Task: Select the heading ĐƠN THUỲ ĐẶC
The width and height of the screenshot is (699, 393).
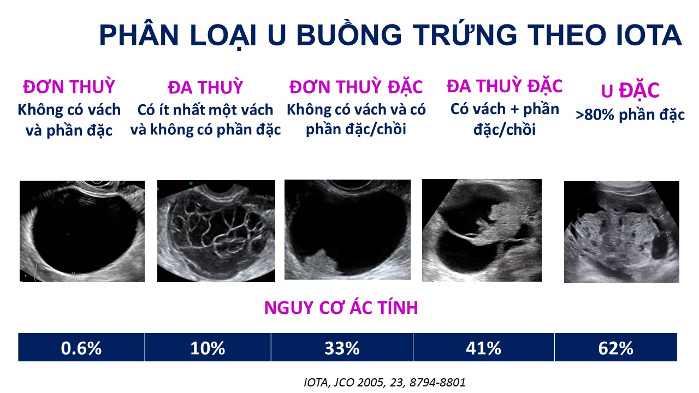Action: pyautogui.click(x=356, y=86)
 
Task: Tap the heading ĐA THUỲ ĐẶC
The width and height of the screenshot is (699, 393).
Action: pyautogui.click(x=505, y=86)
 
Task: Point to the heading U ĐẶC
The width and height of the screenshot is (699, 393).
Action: pyautogui.click(x=630, y=91)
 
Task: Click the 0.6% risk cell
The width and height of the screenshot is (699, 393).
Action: pyautogui.click(x=81, y=347)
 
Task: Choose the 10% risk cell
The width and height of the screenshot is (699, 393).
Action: pyautogui.click(x=208, y=347)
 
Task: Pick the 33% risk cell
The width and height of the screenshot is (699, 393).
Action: pyautogui.click(x=342, y=347)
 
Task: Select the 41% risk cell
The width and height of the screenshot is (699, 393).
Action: pyautogui.click(x=484, y=347)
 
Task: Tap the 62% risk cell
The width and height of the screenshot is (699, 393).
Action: pyautogui.click(x=615, y=347)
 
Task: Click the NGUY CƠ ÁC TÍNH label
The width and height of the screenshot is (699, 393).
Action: pyautogui.click(x=341, y=307)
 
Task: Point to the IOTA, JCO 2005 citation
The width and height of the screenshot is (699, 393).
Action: pyautogui.click(x=384, y=383)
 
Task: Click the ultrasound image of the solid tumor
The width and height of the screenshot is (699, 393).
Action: pyautogui.click(x=621, y=232)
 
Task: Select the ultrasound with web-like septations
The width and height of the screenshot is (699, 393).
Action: pyautogui.click(x=216, y=231)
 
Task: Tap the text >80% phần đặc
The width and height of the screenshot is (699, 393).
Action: pyautogui.click(x=630, y=115)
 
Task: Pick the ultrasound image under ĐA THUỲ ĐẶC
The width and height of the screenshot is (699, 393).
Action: pyautogui.click(x=482, y=230)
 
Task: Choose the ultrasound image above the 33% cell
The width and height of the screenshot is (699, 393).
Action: pyautogui.click(x=348, y=230)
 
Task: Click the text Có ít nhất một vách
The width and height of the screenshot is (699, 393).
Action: pyautogui.click(x=205, y=110)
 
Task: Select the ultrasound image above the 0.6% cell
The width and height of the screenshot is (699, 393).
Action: pyautogui.click(x=82, y=231)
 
